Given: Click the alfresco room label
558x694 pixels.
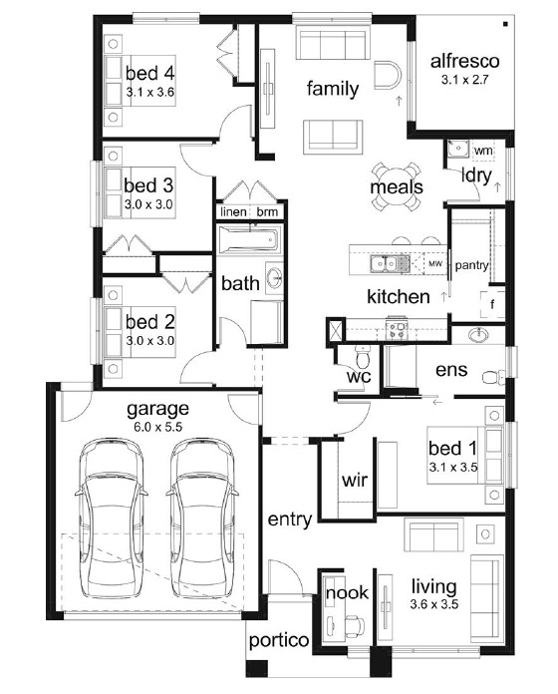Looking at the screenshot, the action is [x=464, y=61].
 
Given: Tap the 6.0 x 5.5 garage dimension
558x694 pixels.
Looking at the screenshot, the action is [x=157, y=427].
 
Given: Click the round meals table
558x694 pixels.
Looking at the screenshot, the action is [x=397, y=186].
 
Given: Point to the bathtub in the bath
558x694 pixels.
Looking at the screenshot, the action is [x=250, y=240].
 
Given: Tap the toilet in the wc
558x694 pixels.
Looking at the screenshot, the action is [x=362, y=356].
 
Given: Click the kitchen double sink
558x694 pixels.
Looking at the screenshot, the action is [x=384, y=264].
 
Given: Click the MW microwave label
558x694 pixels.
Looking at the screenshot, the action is [x=435, y=264].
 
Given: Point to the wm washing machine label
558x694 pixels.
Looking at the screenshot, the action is [x=483, y=151].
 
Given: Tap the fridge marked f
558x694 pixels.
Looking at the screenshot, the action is [x=492, y=304].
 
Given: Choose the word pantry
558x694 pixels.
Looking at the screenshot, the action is [x=471, y=265].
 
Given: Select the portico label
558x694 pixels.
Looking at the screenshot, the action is [x=279, y=641].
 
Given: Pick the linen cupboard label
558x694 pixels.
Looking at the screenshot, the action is [x=233, y=212].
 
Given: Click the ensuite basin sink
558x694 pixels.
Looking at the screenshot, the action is [x=478, y=335].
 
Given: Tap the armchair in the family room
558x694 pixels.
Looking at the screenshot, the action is [x=388, y=75].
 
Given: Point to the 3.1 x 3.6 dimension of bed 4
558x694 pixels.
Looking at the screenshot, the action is [x=149, y=93].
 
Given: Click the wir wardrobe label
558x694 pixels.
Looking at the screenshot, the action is [x=355, y=480].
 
